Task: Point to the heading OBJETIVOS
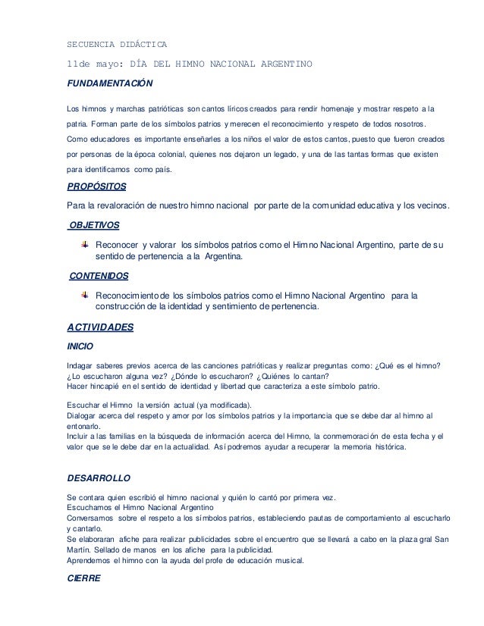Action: coord(93,225)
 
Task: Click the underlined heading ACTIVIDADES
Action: coord(101,327)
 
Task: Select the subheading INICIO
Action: coord(80,346)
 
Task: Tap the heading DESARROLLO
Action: coord(99,479)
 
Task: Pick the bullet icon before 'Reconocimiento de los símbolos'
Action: coord(86,293)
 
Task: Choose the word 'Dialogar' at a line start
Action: coord(84,415)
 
